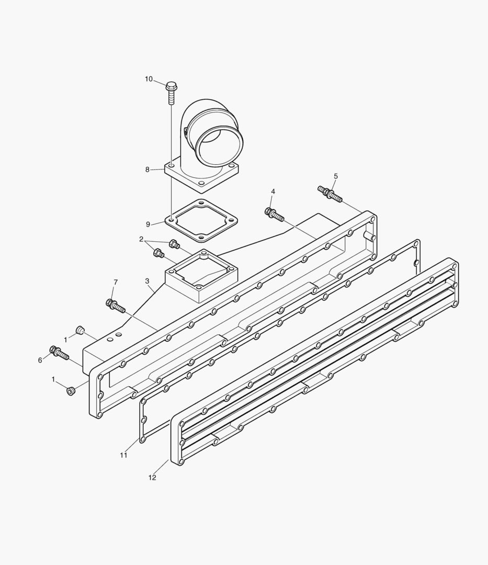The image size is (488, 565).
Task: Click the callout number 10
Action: (x=149, y=79)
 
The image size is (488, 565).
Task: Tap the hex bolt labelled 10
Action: (x=172, y=93)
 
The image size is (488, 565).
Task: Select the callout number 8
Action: (x=147, y=169)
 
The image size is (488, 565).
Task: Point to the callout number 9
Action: (x=148, y=224)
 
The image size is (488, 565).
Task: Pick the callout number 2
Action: (x=142, y=239)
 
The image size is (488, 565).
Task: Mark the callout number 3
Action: (x=147, y=281)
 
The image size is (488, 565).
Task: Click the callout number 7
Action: (x=116, y=282)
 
